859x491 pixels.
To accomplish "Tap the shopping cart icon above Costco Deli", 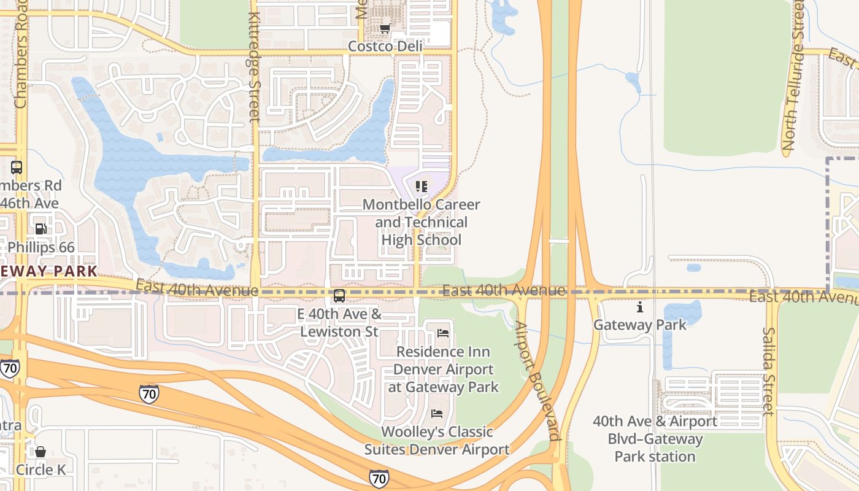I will (x=385, y=28).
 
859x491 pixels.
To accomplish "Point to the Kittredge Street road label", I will (x=255, y=68).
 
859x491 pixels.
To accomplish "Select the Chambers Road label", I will (x=21, y=61).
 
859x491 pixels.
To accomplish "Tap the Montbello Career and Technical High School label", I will (x=421, y=222).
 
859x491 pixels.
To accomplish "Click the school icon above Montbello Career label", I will (x=421, y=186).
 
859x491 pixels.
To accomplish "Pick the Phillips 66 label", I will (x=40, y=247).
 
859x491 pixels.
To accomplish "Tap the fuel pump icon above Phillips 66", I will (x=40, y=229).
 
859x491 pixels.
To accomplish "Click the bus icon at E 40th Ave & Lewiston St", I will (x=339, y=296).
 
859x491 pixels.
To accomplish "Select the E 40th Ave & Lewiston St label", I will (x=339, y=323).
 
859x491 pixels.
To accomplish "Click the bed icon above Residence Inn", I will (x=443, y=333).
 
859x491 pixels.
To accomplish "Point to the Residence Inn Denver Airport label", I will (x=443, y=369).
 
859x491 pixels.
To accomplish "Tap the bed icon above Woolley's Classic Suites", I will (x=437, y=413).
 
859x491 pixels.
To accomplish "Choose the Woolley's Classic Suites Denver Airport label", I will (x=437, y=441).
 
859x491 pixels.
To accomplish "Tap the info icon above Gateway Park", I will (x=640, y=307).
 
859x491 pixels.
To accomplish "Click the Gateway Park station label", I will (x=655, y=439).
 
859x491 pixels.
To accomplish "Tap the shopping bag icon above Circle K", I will (x=40, y=452).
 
